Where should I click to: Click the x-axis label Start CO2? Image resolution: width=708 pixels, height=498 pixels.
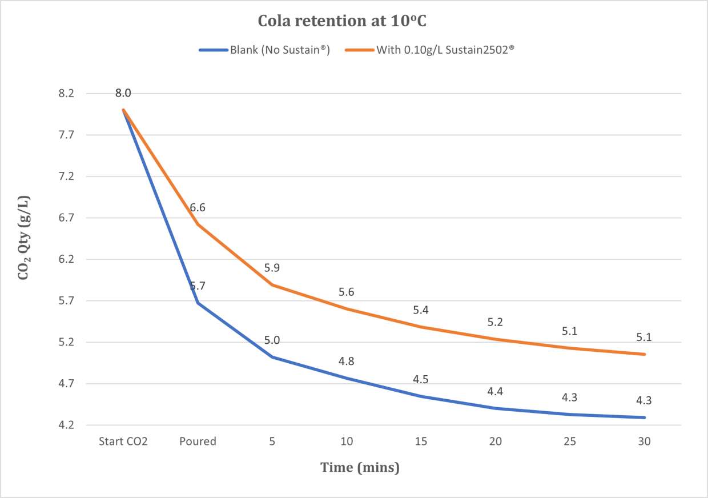tap(123, 441)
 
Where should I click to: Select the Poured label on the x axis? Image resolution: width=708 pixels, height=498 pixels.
tap(198, 441)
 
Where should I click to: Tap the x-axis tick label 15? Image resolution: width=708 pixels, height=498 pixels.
tap(421, 441)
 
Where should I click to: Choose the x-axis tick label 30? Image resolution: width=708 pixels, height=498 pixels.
tap(644, 441)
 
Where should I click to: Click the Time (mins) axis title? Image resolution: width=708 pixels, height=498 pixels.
tap(360, 468)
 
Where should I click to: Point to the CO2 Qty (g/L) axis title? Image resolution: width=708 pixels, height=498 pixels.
tap(25, 239)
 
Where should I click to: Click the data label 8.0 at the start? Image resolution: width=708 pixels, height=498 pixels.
tap(123, 93)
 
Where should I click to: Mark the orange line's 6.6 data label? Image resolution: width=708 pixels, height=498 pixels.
tap(198, 208)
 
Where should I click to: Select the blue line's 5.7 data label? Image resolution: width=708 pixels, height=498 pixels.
tap(198, 286)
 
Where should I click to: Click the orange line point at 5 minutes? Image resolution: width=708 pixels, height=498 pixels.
tap(272, 284)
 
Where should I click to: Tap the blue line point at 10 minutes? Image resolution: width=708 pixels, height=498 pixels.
tap(347, 378)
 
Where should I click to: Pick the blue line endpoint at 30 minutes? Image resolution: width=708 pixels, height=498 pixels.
tap(644, 417)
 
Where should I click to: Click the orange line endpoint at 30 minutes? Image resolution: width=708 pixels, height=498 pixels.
tap(644, 354)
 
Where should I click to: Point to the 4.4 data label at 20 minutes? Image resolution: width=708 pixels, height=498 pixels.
tap(495, 392)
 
